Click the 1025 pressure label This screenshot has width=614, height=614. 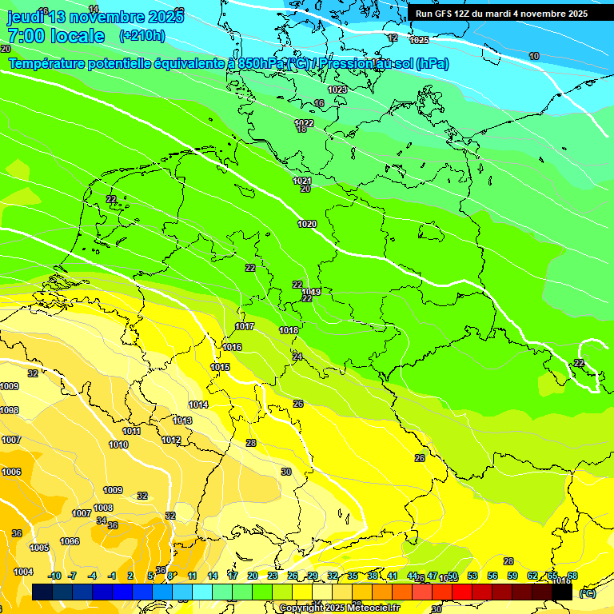coord(419,40)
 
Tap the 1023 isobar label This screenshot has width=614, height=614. coord(337,90)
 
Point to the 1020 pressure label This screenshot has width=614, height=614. coord(307,224)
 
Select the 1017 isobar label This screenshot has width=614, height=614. coord(245,326)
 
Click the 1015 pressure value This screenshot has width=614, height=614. coord(221,367)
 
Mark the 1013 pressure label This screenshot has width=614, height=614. coord(182,421)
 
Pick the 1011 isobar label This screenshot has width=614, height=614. coord(132,431)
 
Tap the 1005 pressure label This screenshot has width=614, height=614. coord(39,548)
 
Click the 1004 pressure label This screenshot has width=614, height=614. coord(23,572)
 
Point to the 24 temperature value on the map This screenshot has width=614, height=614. coord(297,357)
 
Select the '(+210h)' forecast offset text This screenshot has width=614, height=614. coord(142,36)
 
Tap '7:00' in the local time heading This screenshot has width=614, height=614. coord(27,36)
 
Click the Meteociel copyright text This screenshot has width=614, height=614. coord(339,608)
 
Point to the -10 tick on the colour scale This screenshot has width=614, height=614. coord(54,576)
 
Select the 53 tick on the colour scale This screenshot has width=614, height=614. coord(472,576)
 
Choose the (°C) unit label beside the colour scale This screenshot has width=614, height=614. coord(587,593)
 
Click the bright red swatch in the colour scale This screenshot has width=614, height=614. coord(462,592)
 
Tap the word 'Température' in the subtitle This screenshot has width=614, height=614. coord(47,63)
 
